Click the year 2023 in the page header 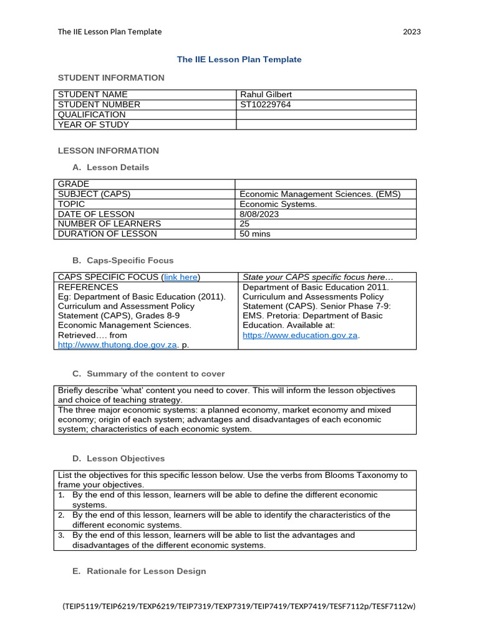click(x=412, y=32)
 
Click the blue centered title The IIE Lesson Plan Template click(x=239, y=60)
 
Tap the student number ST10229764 click(x=265, y=105)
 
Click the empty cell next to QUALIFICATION click(x=326, y=115)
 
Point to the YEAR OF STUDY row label click(x=94, y=125)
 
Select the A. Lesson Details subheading click(x=111, y=168)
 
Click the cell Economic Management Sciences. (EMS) click(x=320, y=194)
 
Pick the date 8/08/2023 click(x=259, y=214)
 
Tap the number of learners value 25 click(x=245, y=224)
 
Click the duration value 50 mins click(x=255, y=234)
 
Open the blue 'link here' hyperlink click(x=181, y=277)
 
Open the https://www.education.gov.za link click(x=300, y=335)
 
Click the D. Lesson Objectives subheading click(x=119, y=459)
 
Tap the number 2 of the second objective click(x=61, y=515)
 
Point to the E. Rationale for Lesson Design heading click(x=139, y=571)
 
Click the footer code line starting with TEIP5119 click(x=239, y=606)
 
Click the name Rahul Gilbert click(x=266, y=95)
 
